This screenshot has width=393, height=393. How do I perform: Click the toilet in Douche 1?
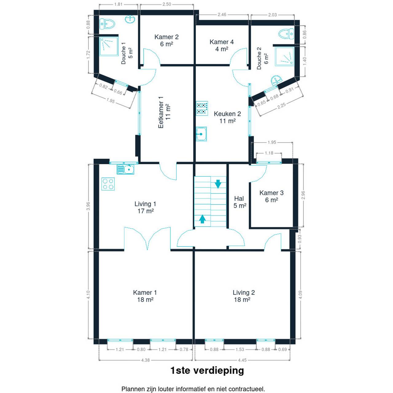point(107,24)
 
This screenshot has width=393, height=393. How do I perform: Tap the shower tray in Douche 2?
point(285,56)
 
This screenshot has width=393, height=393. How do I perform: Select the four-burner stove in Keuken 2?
point(202,108)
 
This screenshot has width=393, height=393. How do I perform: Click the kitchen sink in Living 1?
point(126,169)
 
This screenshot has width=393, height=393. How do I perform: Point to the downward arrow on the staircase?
point(218,184)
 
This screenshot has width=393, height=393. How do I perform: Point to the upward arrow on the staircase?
point(202,219)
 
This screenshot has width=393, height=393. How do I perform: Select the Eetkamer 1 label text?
point(161,112)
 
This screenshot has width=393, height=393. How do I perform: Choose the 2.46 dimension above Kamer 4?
point(222,14)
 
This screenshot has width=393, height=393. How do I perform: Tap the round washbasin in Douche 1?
point(130,19)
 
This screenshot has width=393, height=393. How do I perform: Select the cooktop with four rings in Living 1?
point(108,184)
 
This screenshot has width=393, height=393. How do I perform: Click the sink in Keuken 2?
point(201,134)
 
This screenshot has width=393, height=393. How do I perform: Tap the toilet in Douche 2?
point(286,34)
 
